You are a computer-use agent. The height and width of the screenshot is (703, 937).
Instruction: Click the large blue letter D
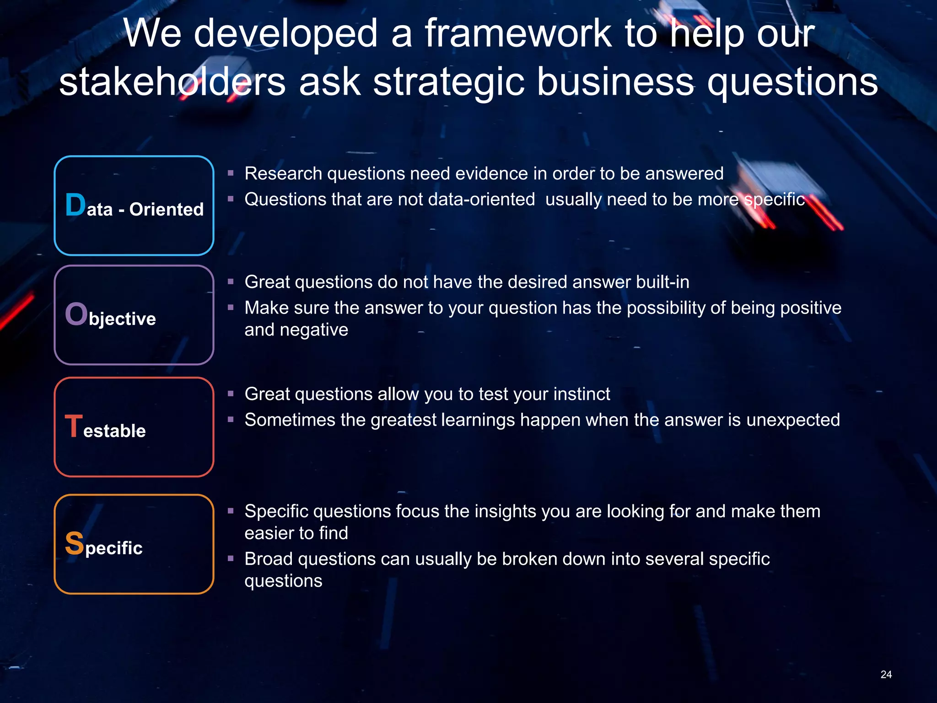[75, 205]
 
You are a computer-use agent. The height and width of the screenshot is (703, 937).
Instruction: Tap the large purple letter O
[76, 314]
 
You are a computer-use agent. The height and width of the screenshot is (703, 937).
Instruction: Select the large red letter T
[74, 426]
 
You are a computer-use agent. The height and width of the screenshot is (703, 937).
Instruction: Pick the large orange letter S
[75, 543]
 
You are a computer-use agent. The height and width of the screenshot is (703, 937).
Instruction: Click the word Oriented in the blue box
[167, 210]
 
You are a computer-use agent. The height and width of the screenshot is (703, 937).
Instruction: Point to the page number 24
[886, 674]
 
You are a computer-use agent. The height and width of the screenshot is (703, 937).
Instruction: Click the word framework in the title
[518, 33]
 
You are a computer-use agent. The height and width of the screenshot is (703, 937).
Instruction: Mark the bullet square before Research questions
[231, 173]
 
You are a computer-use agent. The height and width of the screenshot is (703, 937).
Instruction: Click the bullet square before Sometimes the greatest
[231, 419]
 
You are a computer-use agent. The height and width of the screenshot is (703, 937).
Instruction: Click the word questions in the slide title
[792, 83]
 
